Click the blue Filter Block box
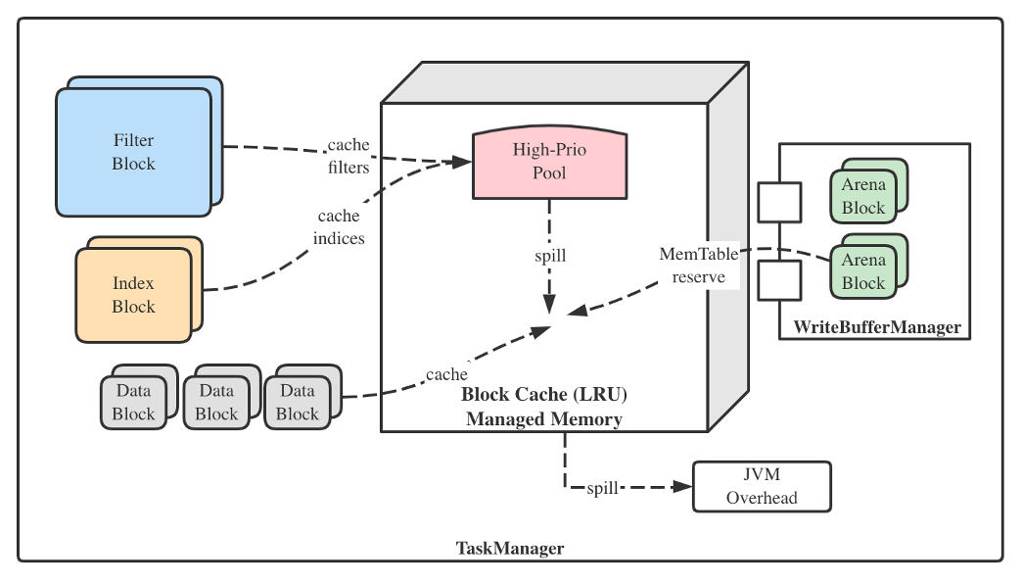(134, 152)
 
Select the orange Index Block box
(134, 294)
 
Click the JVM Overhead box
(761, 486)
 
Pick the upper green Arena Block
(863, 196)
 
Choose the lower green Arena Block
(863, 271)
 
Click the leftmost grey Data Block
(134, 402)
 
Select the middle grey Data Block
(216, 402)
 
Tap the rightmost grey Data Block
(298, 402)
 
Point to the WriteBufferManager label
(877, 327)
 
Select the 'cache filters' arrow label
(348, 157)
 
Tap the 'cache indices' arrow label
(339, 226)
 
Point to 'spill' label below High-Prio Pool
(549, 256)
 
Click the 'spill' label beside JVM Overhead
(602, 487)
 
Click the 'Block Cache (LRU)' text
(544, 395)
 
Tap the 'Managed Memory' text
(544, 419)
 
